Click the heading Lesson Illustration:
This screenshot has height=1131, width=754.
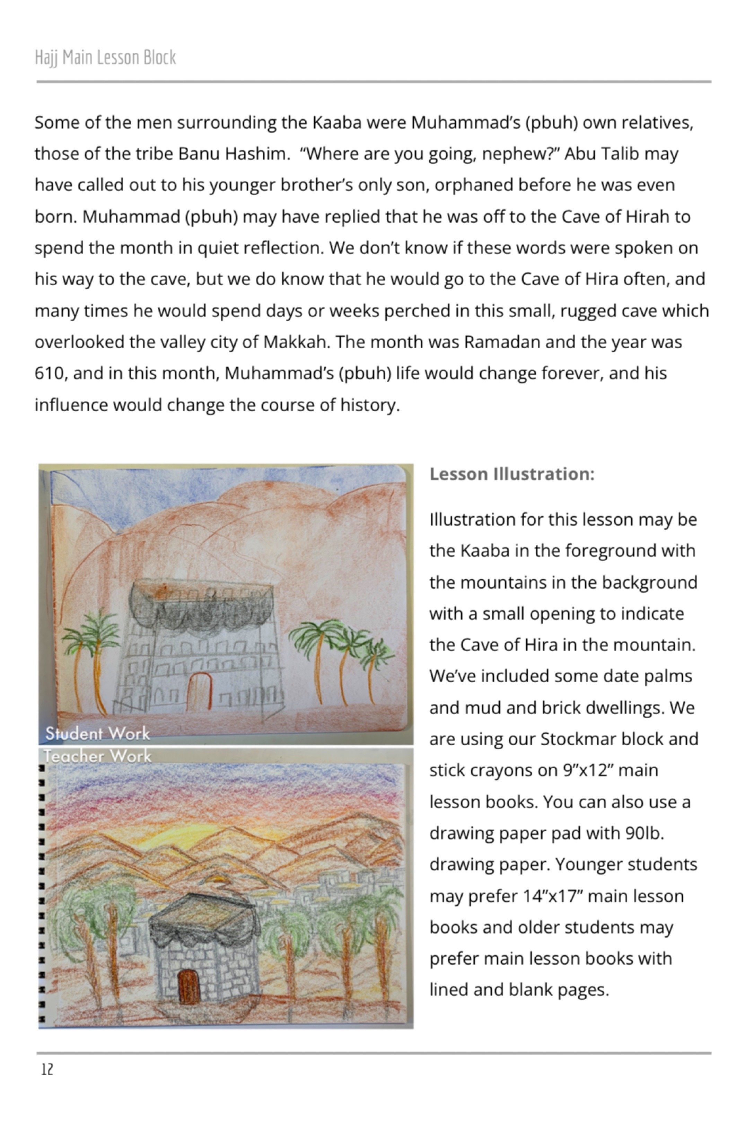point(512,474)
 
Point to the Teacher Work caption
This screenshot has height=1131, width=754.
point(98,756)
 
